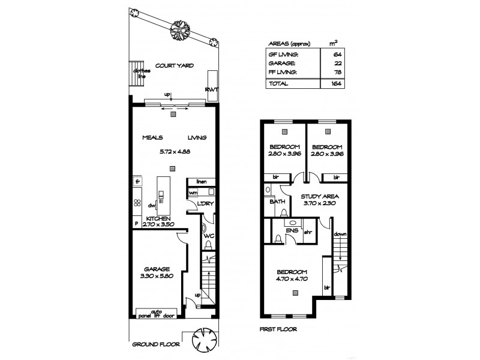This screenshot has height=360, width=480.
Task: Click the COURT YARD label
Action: click(x=175, y=65)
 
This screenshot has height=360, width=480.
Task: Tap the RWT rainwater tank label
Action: click(x=211, y=89)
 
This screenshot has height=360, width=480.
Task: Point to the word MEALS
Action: click(x=152, y=137)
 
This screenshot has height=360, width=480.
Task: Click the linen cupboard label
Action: click(x=200, y=181)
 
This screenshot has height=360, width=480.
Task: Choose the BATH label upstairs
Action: click(x=277, y=202)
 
